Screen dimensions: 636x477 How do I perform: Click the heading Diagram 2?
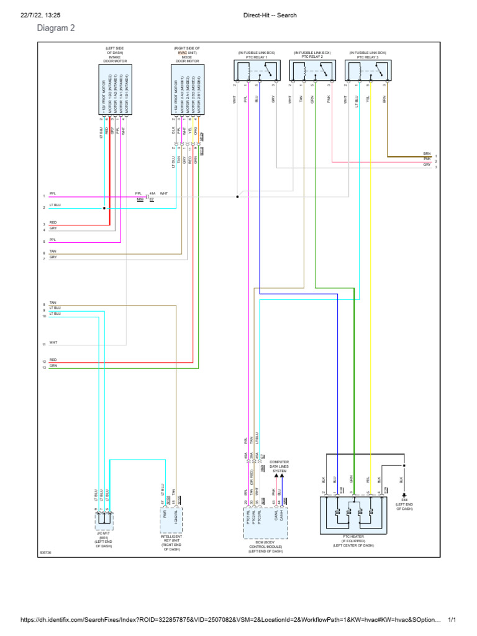coord(56,29)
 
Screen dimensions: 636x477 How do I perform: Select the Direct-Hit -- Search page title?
coord(269,15)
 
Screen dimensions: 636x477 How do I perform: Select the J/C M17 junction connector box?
coord(103,517)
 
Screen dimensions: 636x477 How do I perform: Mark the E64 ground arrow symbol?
coord(405,496)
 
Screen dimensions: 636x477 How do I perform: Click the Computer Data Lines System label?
coord(279,467)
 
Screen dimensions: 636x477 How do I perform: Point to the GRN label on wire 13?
coord(53,366)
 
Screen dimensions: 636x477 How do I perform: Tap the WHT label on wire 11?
coord(53,343)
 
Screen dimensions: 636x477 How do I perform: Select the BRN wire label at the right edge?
coord(427,153)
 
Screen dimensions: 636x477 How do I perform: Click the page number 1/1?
coord(452,620)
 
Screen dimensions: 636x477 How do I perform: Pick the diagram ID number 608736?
coord(45,552)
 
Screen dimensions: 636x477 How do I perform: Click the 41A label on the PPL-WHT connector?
coord(153,193)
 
